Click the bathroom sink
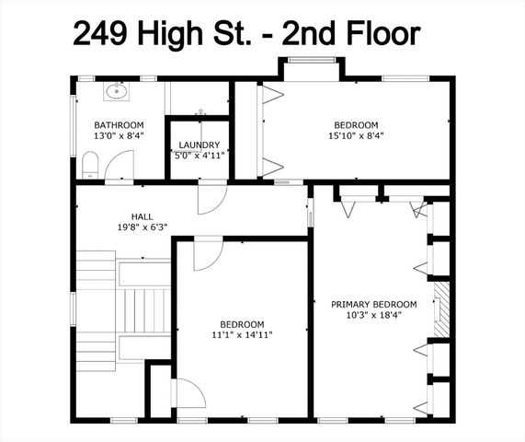(117, 91)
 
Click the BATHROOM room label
(119, 125)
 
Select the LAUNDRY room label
(199, 145)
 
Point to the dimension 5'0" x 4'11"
(199, 156)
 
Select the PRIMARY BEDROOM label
(374, 304)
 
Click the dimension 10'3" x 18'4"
(374, 315)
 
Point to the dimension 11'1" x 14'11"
(242, 335)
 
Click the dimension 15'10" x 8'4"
(356, 136)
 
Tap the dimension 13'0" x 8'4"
(119, 136)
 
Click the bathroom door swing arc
(119, 167)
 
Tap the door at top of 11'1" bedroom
(207, 253)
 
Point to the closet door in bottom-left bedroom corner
(187, 393)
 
